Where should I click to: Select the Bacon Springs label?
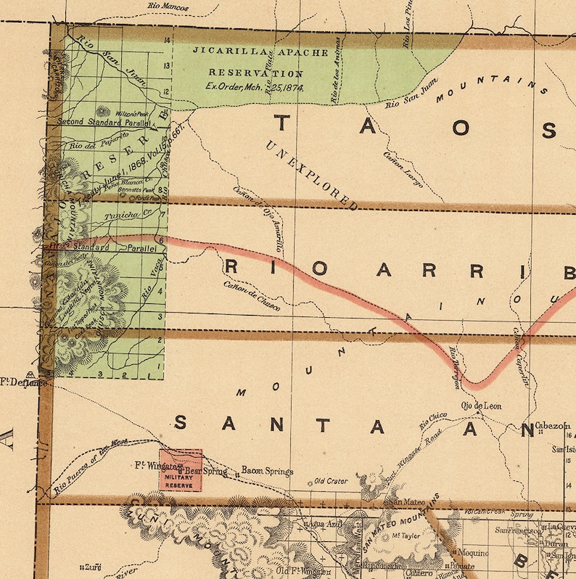[267, 471]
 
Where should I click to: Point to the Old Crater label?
[330, 480]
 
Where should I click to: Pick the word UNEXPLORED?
[312, 174]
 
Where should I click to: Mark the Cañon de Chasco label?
[251, 298]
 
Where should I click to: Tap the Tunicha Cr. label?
[121, 215]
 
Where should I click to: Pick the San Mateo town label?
[408, 501]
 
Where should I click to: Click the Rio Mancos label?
[168, 7]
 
